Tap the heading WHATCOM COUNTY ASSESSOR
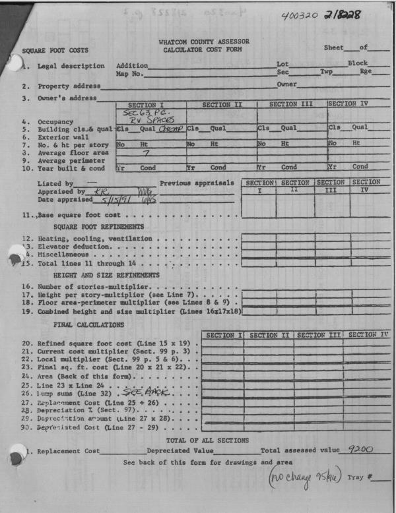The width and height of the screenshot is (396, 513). coord(204,42)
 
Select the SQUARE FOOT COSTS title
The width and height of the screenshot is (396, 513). coord(55,51)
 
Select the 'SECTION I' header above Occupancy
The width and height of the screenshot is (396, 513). coord(150,105)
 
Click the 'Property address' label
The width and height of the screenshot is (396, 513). coord(69,86)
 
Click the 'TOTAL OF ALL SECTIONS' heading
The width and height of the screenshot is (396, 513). coord(207,440)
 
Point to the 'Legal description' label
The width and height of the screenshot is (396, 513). coord(71,66)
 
